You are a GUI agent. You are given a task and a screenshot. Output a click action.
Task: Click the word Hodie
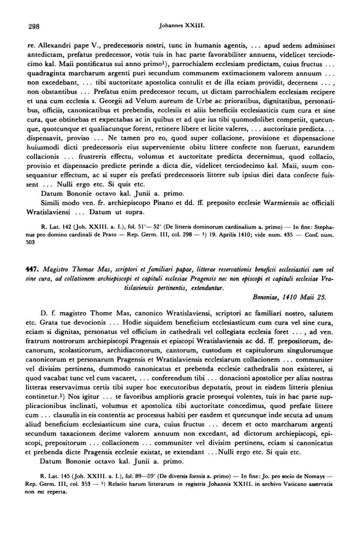pyautogui.click(x=132, y=322)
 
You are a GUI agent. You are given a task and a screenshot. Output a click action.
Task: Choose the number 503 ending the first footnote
pyautogui.click(x=31, y=243)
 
